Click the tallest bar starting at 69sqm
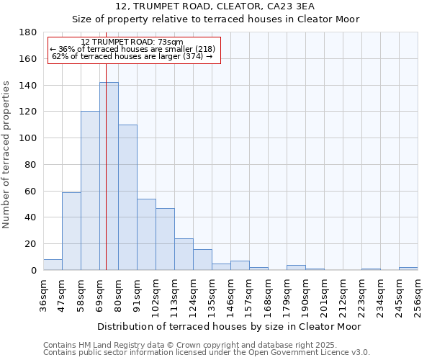tap(109, 176)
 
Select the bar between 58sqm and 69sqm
tap(90, 191)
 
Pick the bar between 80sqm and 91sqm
tap(127, 197)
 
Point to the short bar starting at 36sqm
tap(53, 265)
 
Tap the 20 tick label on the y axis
tap(31, 244)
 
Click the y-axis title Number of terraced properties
tap(6, 155)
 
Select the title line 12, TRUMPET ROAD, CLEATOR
tap(215, 6)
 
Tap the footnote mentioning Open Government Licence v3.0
tap(207, 353)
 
